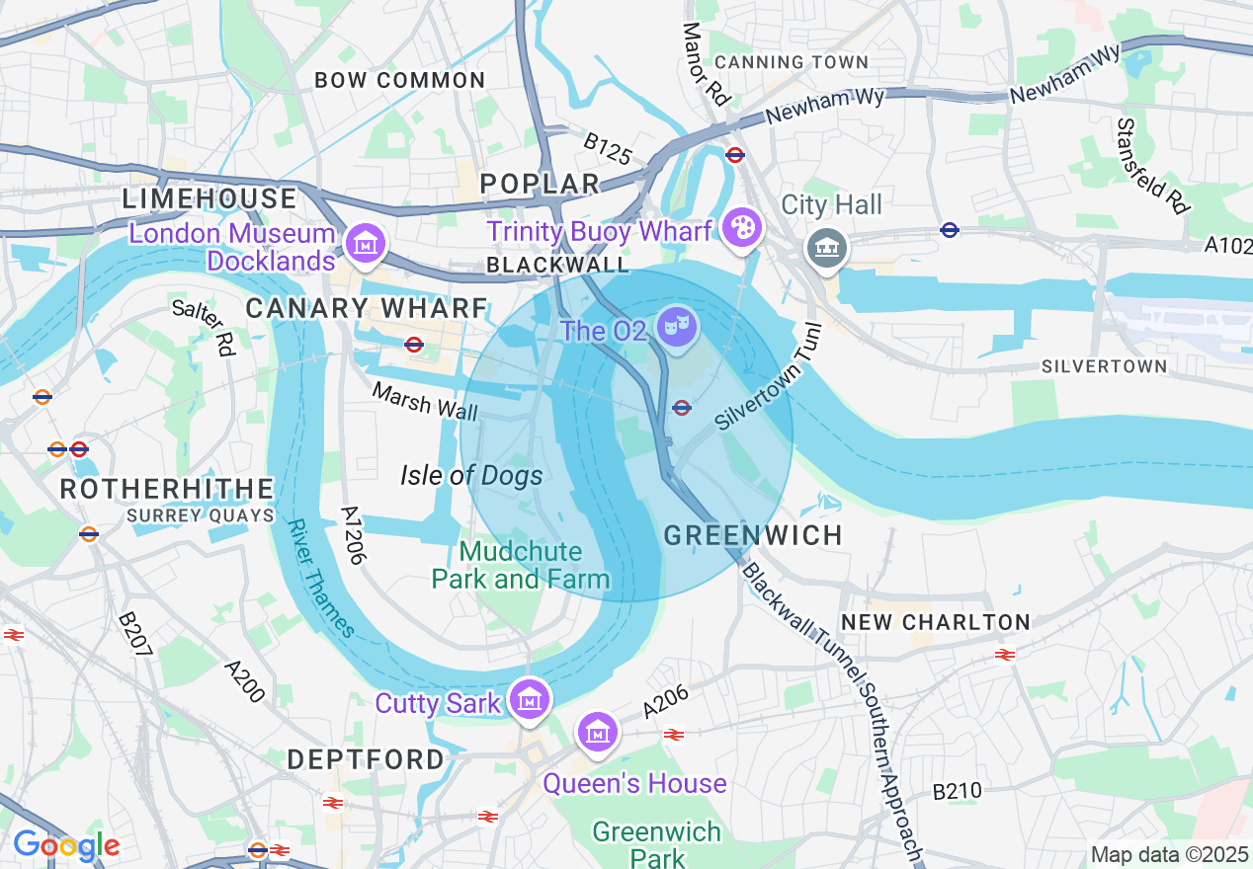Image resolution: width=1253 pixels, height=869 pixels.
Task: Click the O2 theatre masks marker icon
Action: pyautogui.click(x=677, y=326)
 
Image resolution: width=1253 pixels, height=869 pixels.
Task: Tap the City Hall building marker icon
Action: pyautogui.click(x=826, y=246)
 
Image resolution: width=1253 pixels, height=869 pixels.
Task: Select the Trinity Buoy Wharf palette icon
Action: pyautogui.click(x=739, y=228)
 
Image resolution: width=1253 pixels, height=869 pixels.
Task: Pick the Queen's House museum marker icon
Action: pyautogui.click(x=598, y=733)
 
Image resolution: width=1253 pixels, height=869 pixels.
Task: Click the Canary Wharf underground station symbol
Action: pyautogui.click(x=414, y=345)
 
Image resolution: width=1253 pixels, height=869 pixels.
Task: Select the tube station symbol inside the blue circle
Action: pyautogui.click(x=681, y=408)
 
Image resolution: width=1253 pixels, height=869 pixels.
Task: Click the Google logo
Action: pyautogui.click(x=66, y=846)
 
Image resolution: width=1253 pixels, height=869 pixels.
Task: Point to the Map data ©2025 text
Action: pyautogui.click(x=1169, y=854)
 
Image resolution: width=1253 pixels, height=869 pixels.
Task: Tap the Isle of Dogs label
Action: pyautogui.click(x=471, y=476)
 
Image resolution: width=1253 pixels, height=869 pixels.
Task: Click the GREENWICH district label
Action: pyautogui.click(x=753, y=535)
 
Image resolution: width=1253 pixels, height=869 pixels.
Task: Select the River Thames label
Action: pyautogui.click(x=321, y=579)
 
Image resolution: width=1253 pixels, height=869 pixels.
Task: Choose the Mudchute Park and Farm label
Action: pyautogui.click(x=520, y=565)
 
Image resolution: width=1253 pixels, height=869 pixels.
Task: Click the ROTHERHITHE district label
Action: pyautogui.click(x=167, y=489)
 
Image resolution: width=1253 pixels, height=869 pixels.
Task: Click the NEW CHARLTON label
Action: pyautogui.click(x=935, y=622)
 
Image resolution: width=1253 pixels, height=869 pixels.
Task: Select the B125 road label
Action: pyautogui.click(x=606, y=150)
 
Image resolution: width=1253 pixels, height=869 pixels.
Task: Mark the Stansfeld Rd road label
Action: pyautogui.click(x=1152, y=165)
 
